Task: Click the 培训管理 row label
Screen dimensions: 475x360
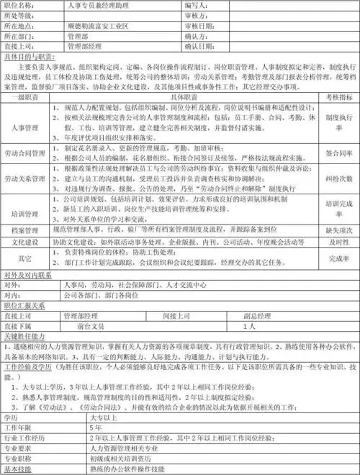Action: pyautogui.click(x=24, y=214)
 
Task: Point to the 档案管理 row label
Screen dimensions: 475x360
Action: pyautogui.click(x=24, y=231)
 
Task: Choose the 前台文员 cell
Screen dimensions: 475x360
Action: pyautogui.click(x=94, y=325)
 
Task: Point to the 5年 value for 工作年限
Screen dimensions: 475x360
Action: pyautogui.click(x=97, y=427)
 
